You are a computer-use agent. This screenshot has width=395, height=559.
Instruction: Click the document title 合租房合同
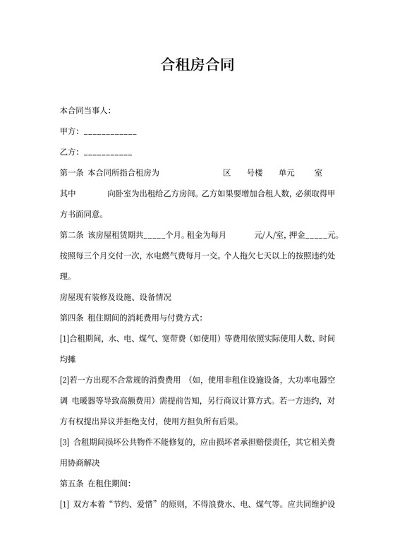[197, 66]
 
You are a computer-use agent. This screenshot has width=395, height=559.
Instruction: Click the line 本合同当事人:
[85, 112]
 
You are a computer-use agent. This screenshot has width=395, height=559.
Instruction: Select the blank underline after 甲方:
[110, 132]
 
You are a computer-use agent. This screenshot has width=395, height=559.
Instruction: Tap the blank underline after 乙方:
[108, 152]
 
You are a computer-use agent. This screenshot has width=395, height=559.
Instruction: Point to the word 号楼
[255, 173]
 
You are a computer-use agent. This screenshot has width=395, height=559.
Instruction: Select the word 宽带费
[173, 339]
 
